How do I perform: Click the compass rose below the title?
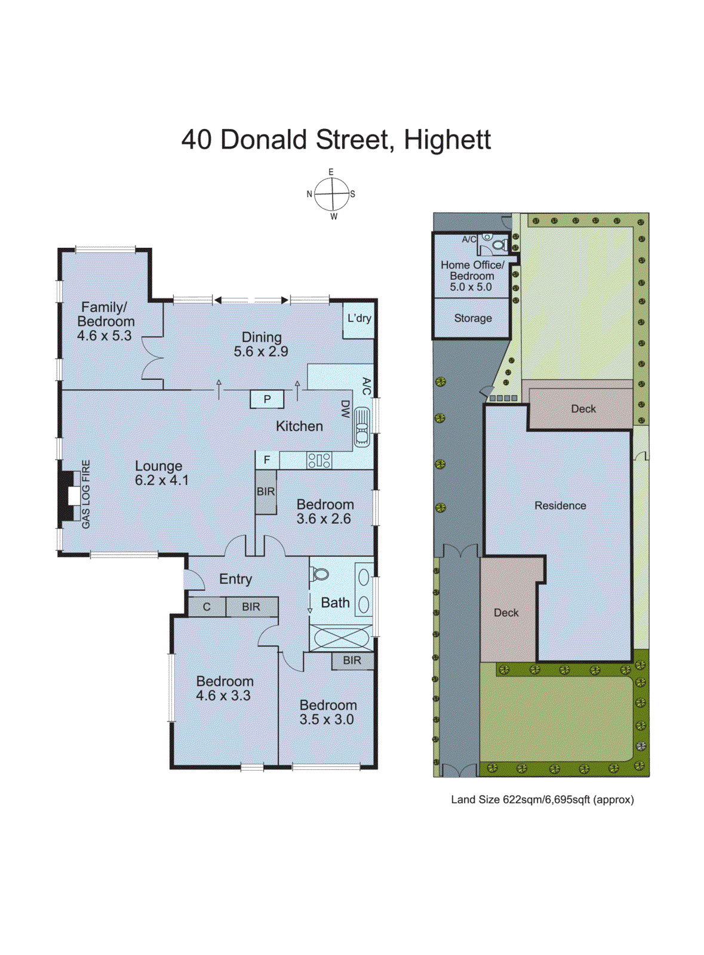click(x=331, y=194)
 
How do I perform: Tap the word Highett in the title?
click(x=447, y=140)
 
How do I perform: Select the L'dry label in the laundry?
click(x=359, y=318)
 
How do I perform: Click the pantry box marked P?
click(x=267, y=399)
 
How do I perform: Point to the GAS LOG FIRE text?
click(x=86, y=494)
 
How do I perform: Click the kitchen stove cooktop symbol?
click(x=319, y=460)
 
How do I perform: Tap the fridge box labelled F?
click(x=267, y=460)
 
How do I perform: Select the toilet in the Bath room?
click(x=319, y=575)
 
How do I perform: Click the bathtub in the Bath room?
click(x=341, y=637)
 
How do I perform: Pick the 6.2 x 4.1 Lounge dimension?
click(x=161, y=480)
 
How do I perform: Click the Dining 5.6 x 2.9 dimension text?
click(x=261, y=352)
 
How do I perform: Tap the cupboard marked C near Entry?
click(x=207, y=607)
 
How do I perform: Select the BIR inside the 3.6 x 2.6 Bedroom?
click(x=266, y=492)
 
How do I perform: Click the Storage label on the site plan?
click(x=473, y=318)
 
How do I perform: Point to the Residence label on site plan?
click(x=560, y=506)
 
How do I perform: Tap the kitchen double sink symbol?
click(x=362, y=427)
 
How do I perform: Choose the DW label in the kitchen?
click(x=345, y=409)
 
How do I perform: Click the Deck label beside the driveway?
click(x=506, y=612)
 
